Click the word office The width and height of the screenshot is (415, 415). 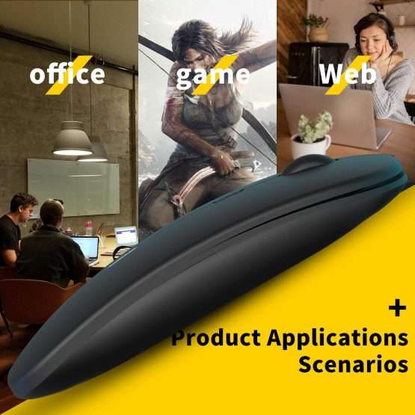67,75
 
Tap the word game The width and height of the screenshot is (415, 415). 212,75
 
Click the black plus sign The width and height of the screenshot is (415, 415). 396,307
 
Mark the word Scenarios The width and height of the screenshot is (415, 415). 353,366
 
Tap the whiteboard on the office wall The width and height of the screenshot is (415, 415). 73,185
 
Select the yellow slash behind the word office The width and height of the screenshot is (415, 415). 76,75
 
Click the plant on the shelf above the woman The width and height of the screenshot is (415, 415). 317,26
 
